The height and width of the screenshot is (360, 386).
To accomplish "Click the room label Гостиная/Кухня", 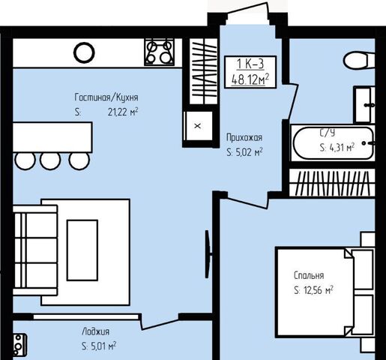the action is click(x=106, y=97).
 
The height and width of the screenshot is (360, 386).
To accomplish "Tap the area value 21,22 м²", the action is click(x=123, y=112).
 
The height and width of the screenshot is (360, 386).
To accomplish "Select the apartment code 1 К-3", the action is click(x=250, y=64).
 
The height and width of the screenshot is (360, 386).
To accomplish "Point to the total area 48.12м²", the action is click(x=250, y=79).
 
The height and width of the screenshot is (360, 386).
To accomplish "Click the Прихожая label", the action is click(x=244, y=137).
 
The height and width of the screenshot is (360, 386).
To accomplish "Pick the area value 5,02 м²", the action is click(x=249, y=152).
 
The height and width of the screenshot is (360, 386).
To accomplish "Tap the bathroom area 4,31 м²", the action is click(x=342, y=148).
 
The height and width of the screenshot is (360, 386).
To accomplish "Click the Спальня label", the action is click(x=309, y=275).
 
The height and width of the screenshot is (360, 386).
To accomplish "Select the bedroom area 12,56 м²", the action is click(x=319, y=290).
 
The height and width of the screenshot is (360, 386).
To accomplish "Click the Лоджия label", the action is click(x=96, y=331).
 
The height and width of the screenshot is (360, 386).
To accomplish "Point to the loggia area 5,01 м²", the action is click(x=103, y=346).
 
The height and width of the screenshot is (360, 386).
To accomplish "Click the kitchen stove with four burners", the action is click(x=160, y=52).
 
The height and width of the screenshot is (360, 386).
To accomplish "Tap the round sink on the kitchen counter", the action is click(x=84, y=52).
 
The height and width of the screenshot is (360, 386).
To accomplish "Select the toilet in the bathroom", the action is click(x=359, y=60).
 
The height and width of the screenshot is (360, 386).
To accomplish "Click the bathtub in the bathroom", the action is click(x=334, y=143).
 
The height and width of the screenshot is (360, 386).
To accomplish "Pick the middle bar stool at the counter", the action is click(x=50, y=161).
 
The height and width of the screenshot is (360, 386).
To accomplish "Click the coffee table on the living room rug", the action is click(x=82, y=250).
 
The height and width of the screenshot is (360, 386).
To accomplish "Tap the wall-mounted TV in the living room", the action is click(x=208, y=254).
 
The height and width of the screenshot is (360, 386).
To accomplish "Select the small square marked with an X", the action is click(x=198, y=126).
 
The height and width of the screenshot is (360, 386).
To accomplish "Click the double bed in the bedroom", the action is click(x=325, y=292).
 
